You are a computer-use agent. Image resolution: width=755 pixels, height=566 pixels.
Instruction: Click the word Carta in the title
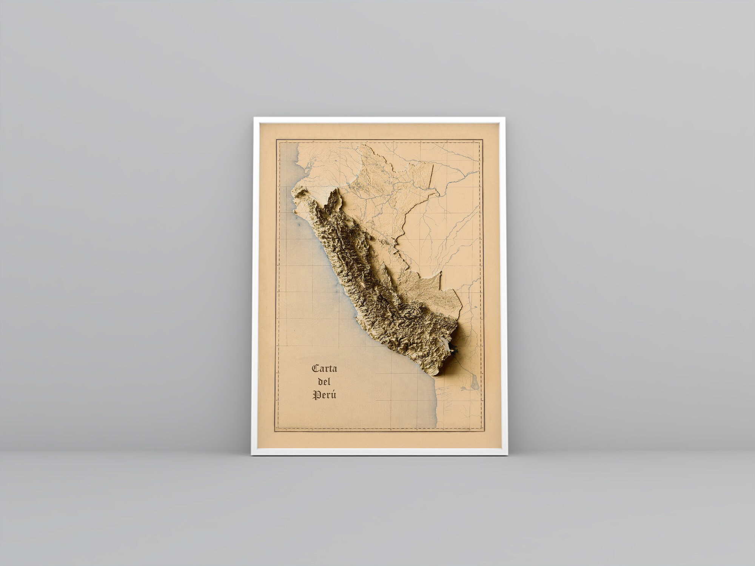click(324, 368)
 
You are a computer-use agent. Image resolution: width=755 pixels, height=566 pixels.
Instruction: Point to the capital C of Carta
click(315, 368)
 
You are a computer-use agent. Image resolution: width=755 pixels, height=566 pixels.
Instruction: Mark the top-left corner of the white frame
click(254, 118)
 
